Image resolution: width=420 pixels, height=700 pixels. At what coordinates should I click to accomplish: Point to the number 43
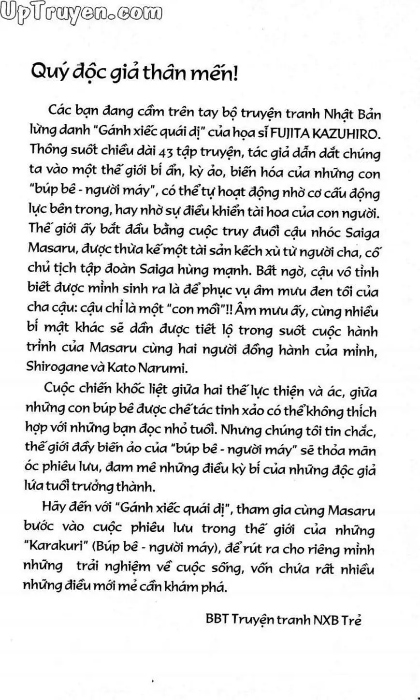tap(166, 154)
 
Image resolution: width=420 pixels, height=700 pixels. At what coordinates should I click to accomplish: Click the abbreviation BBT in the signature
tap(216, 620)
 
